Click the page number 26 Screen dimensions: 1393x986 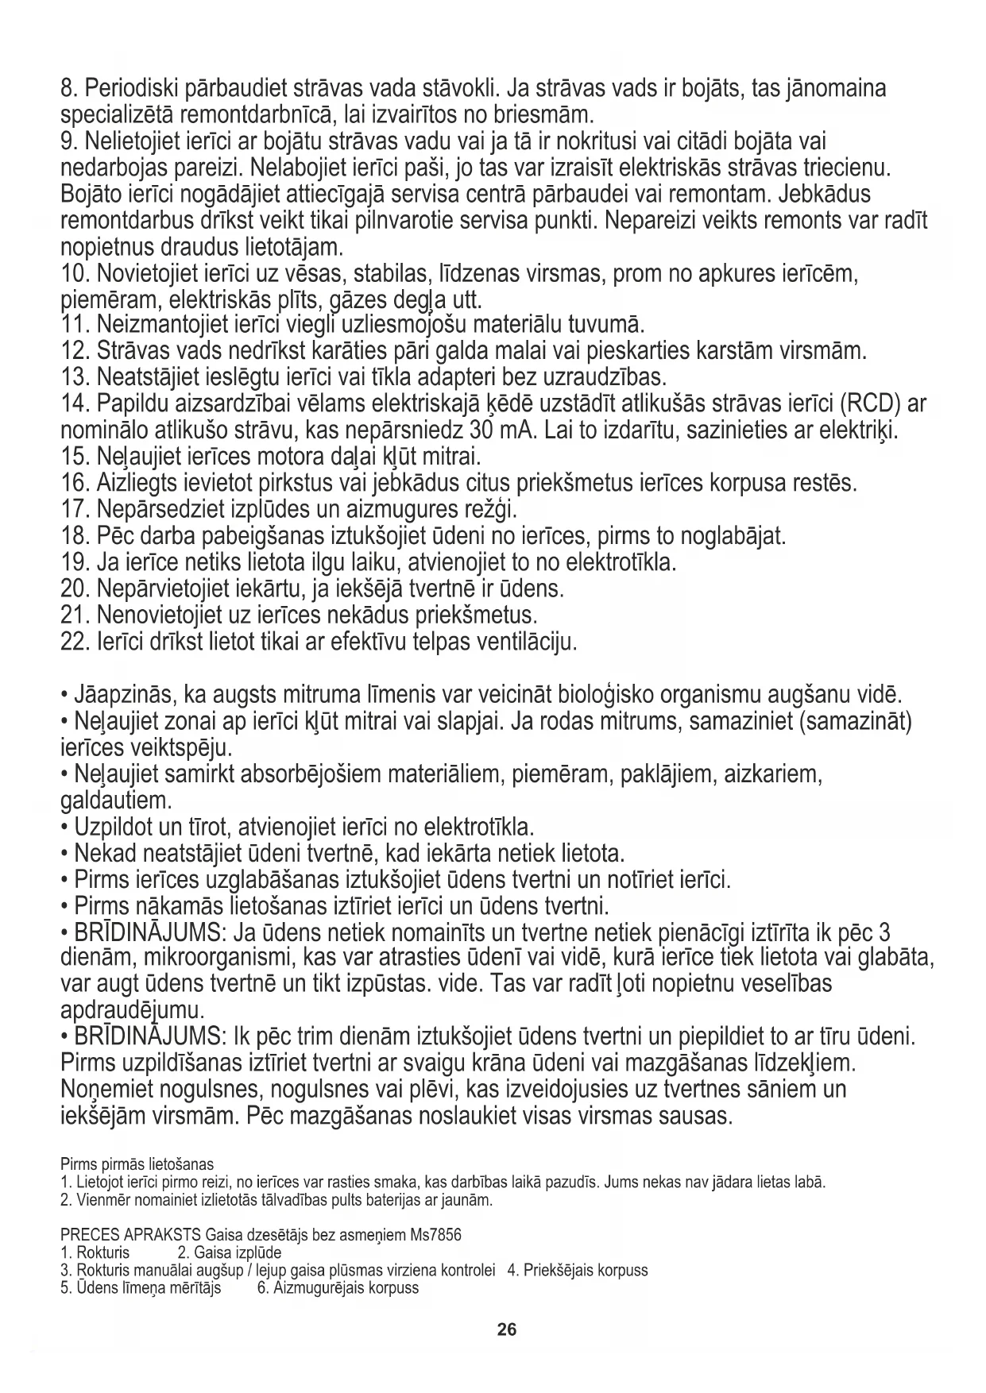(x=507, y=1329)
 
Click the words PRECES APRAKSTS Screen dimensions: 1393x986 (x=130, y=1236)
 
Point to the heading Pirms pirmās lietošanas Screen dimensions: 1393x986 (x=137, y=1165)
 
